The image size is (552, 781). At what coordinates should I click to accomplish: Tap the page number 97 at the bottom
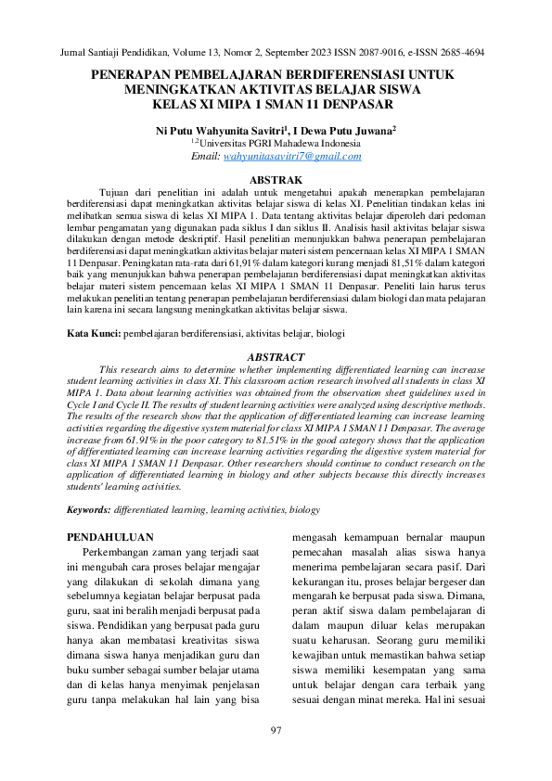coord(276,731)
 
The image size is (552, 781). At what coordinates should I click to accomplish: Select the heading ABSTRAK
coord(276,178)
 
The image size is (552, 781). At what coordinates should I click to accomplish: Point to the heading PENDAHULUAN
coord(113,537)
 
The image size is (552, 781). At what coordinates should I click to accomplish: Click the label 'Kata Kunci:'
coord(95,332)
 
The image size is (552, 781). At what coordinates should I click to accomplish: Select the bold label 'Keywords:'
coord(90,510)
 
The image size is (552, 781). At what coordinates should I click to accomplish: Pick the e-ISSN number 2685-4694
coord(460,53)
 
